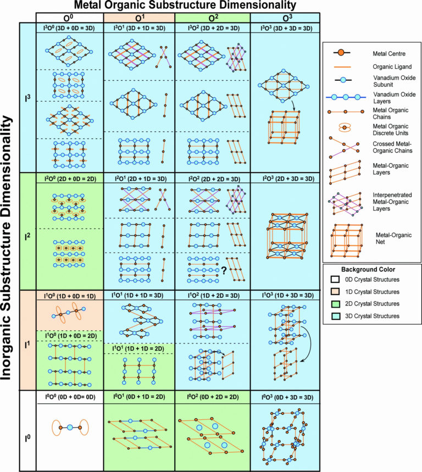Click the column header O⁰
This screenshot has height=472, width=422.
coord(69,17)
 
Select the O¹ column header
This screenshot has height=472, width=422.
coord(139,17)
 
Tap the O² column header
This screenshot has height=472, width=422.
coord(212,17)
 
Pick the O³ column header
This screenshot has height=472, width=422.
coord(283,17)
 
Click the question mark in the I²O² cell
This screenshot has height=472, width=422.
coord(224,270)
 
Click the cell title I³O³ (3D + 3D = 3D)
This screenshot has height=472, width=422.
coord(284,29)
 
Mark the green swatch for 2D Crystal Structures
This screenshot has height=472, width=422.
coord(334,304)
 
